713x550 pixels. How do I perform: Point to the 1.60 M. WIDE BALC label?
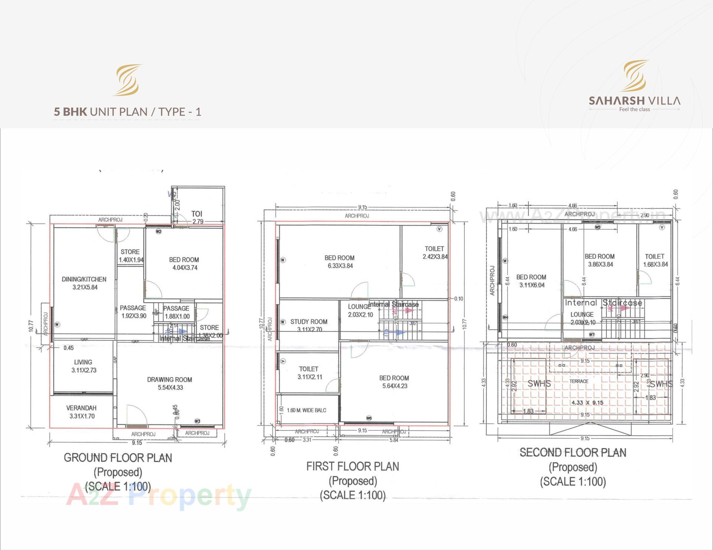[x=306, y=410]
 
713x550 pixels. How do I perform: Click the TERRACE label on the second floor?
[x=579, y=381]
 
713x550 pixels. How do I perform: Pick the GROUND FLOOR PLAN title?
[x=118, y=458]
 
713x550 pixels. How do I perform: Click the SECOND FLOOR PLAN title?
[x=573, y=452]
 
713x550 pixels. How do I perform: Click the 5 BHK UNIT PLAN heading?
[x=127, y=112]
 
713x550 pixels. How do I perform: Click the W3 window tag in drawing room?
[x=197, y=421]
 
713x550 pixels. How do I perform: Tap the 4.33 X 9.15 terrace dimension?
[x=587, y=402]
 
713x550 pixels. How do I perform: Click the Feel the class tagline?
[x=634, y=109]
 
